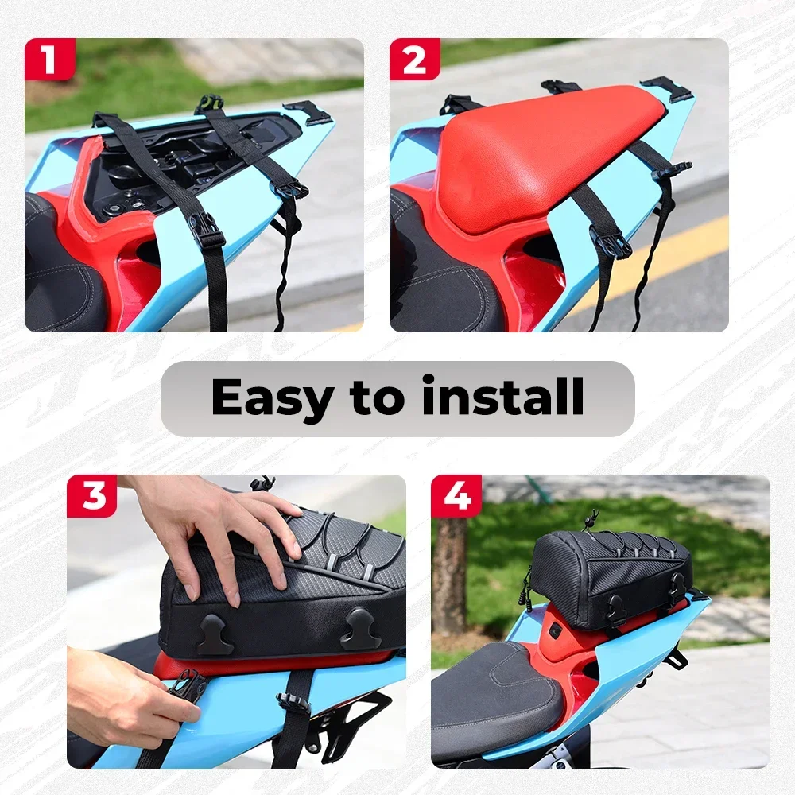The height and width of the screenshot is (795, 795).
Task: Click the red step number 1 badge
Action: tap(49, 60)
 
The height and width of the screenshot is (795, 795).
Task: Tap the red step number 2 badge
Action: tap(415, 60)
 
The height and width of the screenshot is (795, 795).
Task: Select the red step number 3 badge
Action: tap(91, 496)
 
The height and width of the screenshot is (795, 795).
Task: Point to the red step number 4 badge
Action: tap(456, 496)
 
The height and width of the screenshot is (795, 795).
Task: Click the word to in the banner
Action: tap(377, 397)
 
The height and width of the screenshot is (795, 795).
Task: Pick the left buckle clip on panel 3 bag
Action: tap(216, 634)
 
